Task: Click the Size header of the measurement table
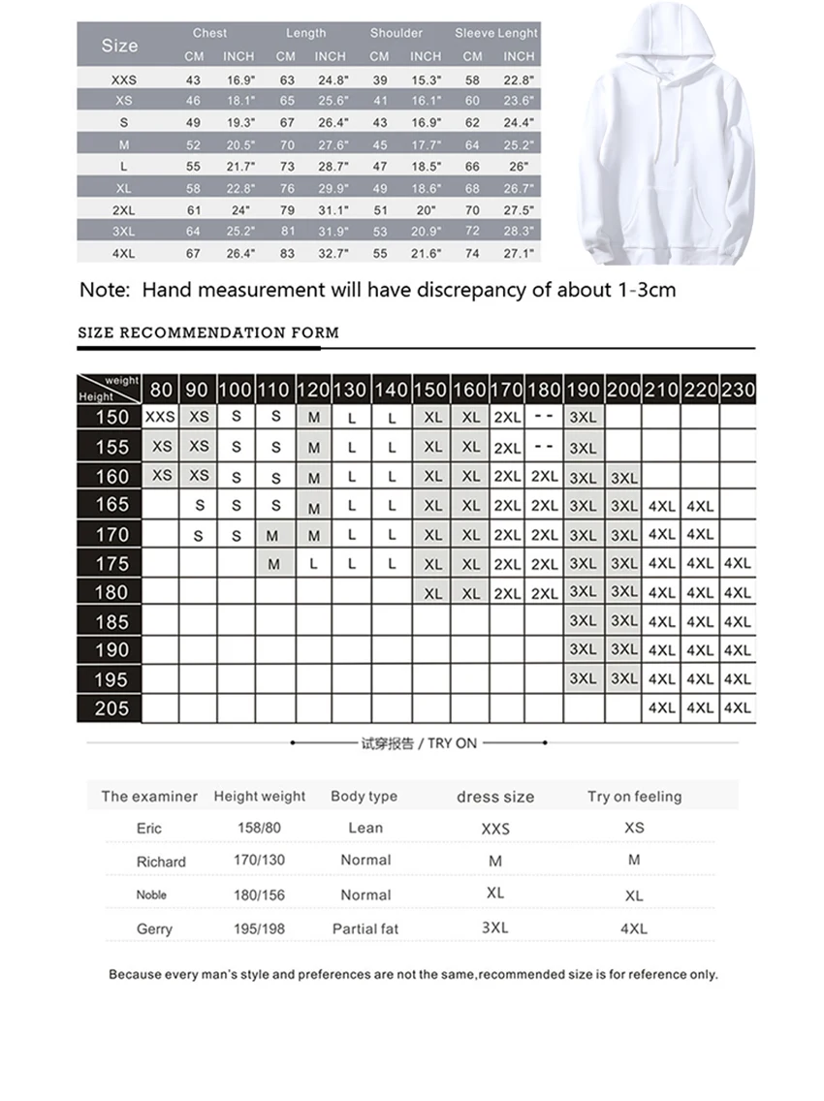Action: pyautogui.click(x=119, y=45)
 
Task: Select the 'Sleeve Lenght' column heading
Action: pyautogui.click(x=496, y=33)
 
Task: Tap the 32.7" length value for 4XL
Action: pyautogui.click(x=330, y=253)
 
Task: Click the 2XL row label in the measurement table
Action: pyautogui.click(x=123, y=209)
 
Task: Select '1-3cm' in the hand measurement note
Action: pyautogui.click(x=641, y=290)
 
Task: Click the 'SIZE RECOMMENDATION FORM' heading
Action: pyautogui.click(x=208, y=332)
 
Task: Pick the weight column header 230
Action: pyautogui.click(x=737, y=391)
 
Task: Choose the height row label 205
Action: pyautogui.click(x=111, y=708)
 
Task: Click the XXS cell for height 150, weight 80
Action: pyautogui.click(x=160, y=417)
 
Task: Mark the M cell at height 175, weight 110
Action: pyautogui.click(x=273, y=564)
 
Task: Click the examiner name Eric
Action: pyautogui.click(x=149, y=828)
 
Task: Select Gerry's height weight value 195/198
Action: pyautogui.click(x=259, y=928)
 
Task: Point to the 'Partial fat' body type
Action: pyautogui.click(x=364, y=928)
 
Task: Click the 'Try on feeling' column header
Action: pyautogui.click(x=634, y=797)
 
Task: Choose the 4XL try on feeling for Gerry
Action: pyautogui.click(x=633, y=928)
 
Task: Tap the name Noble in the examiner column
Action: pyautogui.click(x=151, y=895)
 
